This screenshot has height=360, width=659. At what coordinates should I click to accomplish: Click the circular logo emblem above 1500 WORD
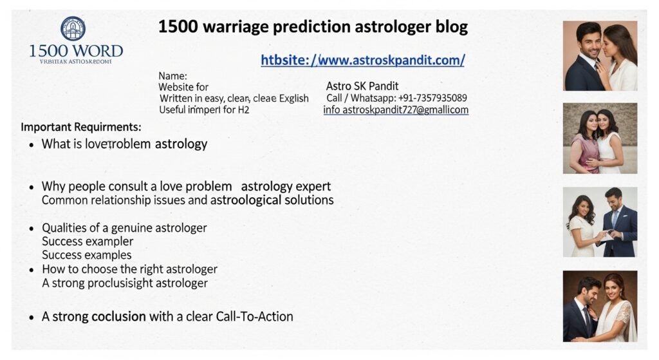[x=73, y=28]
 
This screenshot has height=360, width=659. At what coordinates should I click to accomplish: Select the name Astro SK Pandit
[x=362, y=86]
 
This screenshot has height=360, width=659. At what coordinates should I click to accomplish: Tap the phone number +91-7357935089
[x=432, y=98]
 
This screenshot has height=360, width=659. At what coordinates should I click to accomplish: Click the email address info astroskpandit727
[x=395, y=110]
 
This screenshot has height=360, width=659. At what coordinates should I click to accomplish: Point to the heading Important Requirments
[x=81, y=127]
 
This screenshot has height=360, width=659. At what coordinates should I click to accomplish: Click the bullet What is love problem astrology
[x=124, y=144]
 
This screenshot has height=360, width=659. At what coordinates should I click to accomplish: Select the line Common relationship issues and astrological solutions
[x=187, y=200]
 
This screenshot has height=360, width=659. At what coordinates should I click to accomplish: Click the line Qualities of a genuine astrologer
[x=124, y=228]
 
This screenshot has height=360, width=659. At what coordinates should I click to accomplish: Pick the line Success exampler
[x=88, y=242]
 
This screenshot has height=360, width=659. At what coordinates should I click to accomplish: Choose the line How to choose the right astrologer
[x=129, y=269]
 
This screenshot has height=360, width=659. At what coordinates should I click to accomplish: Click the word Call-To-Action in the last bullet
[x=256, y=317]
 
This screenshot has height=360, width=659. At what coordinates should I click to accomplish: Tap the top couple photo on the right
[x=600, y=56]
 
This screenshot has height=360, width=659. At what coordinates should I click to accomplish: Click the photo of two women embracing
[x=600, y=138]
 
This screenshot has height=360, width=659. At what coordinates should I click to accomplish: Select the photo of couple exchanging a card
[x=600, y=222]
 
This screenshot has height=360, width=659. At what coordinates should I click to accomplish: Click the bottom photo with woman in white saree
[x=600, y=306]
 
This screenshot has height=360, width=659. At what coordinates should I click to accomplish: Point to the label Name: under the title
[x=172, y=75]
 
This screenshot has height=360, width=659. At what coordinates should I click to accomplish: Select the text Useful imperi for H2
[x=204, y=110]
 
